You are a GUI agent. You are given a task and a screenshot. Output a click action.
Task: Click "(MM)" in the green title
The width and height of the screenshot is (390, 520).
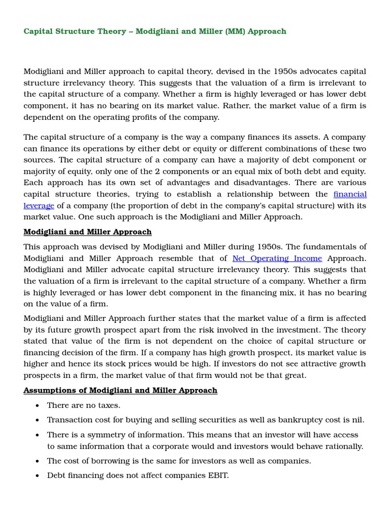pos(233,31)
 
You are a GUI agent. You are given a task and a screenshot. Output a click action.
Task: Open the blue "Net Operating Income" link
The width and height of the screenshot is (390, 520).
pos(277,258)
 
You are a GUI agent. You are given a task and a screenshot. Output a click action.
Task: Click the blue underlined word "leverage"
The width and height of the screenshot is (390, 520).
pos(39,206)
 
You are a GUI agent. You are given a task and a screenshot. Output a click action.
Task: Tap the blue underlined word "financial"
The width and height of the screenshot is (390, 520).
pos(350,194)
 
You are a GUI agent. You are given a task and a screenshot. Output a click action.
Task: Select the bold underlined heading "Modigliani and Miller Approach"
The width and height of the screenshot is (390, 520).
pos(87,232)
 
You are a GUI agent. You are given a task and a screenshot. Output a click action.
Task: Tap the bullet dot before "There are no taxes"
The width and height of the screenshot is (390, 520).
pos(38,406)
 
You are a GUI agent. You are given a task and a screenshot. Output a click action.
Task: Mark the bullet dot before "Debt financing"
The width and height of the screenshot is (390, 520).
pos(38,476)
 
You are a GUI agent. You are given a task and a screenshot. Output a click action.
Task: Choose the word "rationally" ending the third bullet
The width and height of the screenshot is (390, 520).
pos(342,447)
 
